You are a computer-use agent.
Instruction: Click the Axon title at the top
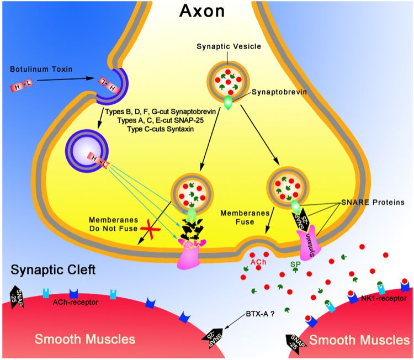click(x=202, y=11)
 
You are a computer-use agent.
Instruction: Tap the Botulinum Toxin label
click(x=41, y=69)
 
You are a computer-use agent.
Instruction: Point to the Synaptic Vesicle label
click(x=229, y=47)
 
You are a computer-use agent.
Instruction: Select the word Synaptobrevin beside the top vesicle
click(x=279, y=92)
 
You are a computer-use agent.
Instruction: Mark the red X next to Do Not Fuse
click(x=150, y=229)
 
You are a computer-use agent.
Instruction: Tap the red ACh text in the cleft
click(x=258, y=262)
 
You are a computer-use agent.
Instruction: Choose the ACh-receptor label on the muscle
click(x=75, y=302)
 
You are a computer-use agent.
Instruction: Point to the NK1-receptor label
click(x=384, y=299)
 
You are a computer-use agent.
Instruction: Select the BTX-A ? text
click(x=260, y=314)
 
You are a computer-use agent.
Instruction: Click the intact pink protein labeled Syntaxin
click(x=310, y=240)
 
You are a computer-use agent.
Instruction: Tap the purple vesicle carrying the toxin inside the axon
click(x=87, y=150)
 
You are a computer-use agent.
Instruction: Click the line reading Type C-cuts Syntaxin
click(x=160, y=129)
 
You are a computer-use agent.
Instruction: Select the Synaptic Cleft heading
click(x=53, y=270)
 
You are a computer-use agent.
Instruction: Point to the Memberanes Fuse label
click(x=245, y=217)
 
